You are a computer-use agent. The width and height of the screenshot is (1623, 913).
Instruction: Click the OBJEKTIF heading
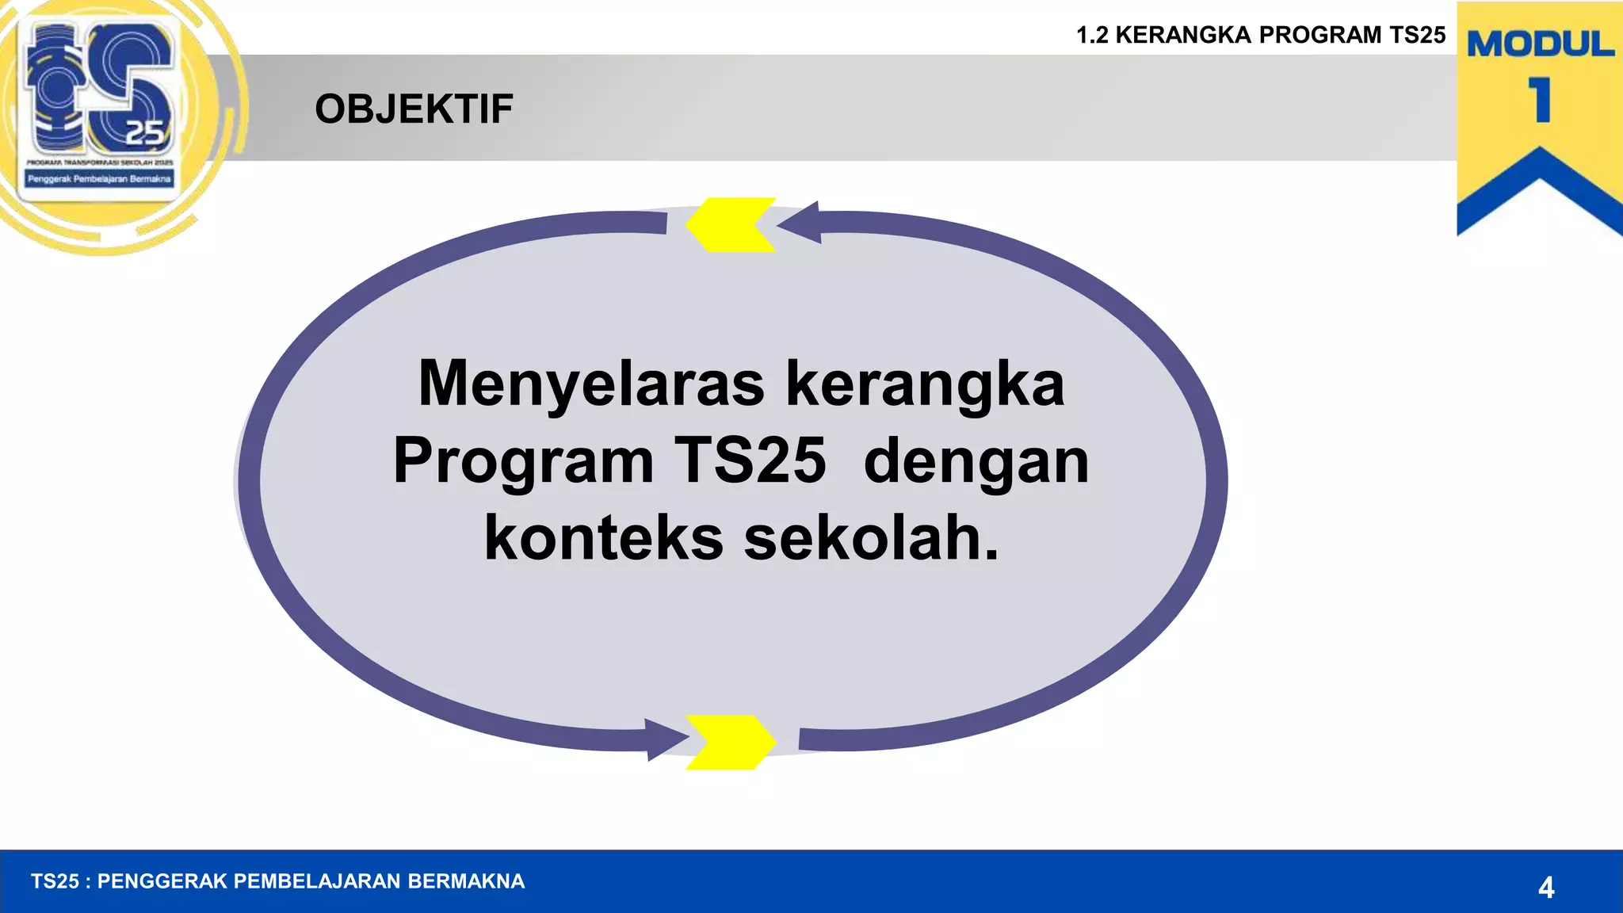pyautogui.click(x=414, y=109)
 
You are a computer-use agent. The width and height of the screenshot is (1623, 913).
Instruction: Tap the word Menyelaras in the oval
pyautogui.click(x=591, y=384)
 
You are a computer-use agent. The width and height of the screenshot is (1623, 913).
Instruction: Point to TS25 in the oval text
pyautogui.click(x=750, y=461)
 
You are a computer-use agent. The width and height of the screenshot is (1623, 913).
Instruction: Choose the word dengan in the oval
pyautogui.click(x=976, y=463)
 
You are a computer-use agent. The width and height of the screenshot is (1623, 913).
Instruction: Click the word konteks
pyautogui.click(x=604, y=539)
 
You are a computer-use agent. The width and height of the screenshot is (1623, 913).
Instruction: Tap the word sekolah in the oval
pyautogui.click(x=871, y=539)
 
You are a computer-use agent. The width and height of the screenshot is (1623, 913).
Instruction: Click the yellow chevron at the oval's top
pyautogui.click(x=731, y=225)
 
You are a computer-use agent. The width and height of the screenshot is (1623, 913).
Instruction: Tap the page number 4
pyautogui.click(x=1545, y=888)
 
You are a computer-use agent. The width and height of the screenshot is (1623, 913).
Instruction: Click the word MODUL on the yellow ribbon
pyautogui.click(x=1540, y=44)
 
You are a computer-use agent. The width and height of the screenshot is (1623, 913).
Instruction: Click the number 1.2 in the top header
pyautogui.click(x=1092, y=36)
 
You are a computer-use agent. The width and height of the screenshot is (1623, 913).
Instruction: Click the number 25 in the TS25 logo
pyautogui.click(x=145, y=133)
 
